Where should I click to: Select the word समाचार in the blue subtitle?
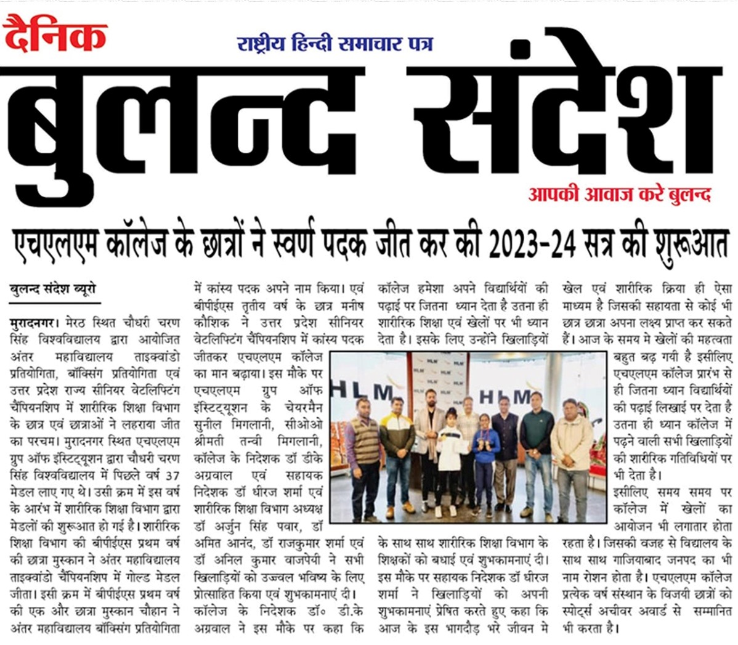369,44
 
